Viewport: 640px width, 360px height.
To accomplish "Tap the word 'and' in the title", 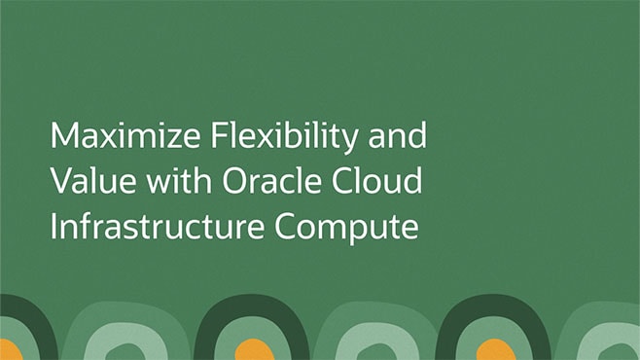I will tap(400, 135).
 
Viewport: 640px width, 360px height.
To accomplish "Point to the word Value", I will tap(82, 180).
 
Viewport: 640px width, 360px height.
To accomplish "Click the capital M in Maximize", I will tap(63, 135).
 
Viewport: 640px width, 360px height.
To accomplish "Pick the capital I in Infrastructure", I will tap(54, 225).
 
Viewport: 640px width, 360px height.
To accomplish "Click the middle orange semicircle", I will tap(252, 351).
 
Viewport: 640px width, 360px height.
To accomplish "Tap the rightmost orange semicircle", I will tap(495, 351).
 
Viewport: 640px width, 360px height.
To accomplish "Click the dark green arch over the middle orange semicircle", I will tap(251, 309).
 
